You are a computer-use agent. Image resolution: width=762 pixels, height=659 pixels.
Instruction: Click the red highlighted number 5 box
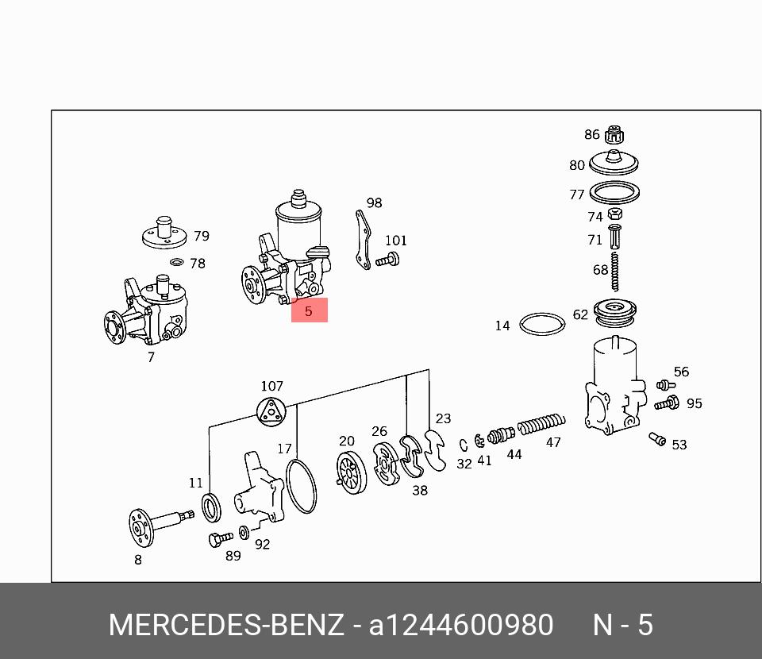(309, 310)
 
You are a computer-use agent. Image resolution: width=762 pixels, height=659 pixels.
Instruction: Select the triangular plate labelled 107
(271, 411)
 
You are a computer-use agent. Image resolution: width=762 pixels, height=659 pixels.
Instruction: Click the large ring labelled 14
(542, 324)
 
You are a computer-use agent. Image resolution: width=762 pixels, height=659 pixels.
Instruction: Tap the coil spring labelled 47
(541, 426)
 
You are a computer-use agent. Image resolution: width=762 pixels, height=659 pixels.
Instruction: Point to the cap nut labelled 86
(613, 135)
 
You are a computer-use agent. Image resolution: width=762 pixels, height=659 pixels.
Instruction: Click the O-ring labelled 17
(301, 487)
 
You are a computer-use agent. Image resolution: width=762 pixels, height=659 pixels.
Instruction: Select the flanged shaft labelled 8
(154, 525)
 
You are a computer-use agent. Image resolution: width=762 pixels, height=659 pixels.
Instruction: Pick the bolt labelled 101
(387, 259)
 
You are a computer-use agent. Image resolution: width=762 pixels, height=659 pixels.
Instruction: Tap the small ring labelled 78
(177, 262)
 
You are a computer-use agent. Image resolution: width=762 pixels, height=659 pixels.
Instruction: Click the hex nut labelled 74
(614, 214)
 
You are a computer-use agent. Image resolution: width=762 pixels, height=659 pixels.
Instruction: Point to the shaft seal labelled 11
(211, 507)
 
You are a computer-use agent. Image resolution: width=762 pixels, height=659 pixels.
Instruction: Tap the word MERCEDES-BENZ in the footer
(226, 626)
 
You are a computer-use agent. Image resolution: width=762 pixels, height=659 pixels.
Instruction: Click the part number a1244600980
(461, 626)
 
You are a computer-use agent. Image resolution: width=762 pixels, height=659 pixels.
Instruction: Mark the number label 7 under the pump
(151, 357)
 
